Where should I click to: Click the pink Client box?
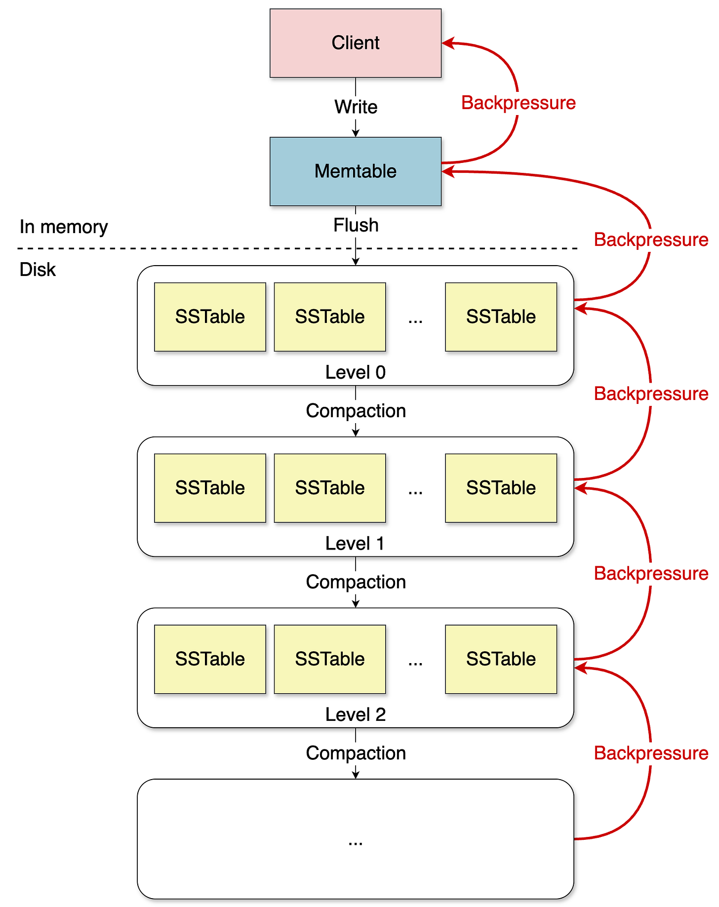(x=355, y=43)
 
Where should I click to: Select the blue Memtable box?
(x=355, y=171)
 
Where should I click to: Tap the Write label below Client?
(x=356, y=107)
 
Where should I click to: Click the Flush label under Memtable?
(x=356, y=225)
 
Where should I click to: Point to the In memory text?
(x=64, y=227)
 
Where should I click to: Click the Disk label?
(x=38, y=270)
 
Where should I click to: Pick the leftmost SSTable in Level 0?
(x=210, y=316)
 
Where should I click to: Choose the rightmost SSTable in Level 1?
(x=501, y=488)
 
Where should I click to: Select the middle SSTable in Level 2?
(x=329, y=659)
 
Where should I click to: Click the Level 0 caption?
(x=355, y=372)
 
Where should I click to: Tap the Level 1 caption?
(x=355, y=544)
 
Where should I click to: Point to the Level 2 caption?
(x=355, y=714)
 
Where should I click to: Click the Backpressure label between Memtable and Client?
(x=518, y=103)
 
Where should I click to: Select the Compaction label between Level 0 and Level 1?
(x=356, y=411)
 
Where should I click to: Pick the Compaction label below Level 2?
(x=356, y=753)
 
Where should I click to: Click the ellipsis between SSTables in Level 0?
(x=415, y=319)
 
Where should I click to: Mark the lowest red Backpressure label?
(x=650, y=753)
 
